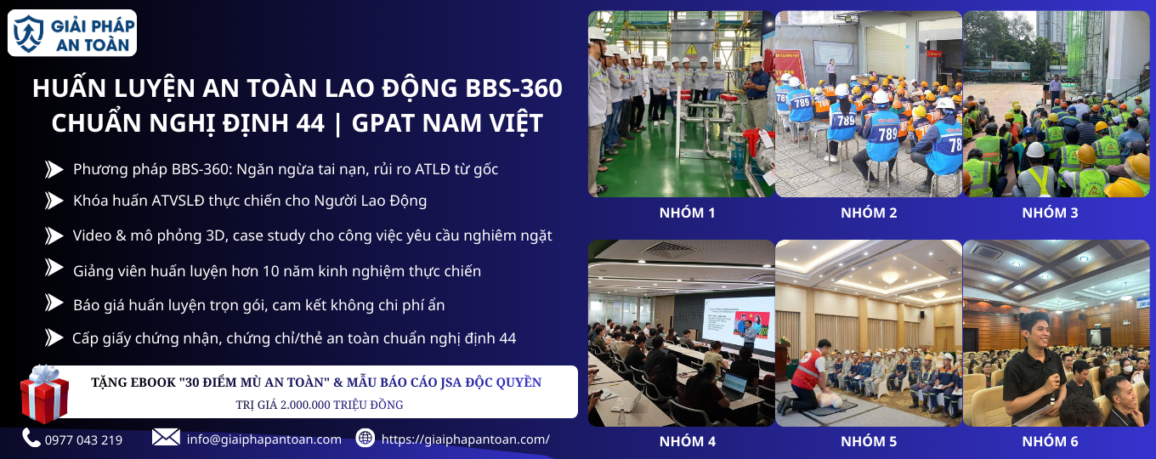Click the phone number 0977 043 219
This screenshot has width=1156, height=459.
coord(83,439)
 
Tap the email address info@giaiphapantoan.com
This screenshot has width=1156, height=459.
coord(263,439)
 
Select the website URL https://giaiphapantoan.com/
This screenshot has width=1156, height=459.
coord(465,439)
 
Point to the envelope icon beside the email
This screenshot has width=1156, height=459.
coord(166,438)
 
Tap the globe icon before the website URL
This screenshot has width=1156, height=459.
coord(365,438)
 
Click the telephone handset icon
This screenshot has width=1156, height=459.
coord(31,438)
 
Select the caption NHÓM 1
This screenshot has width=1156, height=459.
coord(687,213)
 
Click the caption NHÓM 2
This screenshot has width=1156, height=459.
coord(869,213)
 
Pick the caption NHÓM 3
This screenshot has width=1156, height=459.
coord(1050,213)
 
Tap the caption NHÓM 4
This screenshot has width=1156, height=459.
coord(687,441)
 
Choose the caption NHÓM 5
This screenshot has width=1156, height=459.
coord(869,441)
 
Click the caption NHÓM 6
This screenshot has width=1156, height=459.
coord(1050,441)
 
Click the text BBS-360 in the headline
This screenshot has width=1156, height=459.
coord(513,88)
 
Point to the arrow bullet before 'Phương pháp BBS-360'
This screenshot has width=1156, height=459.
coord(54,170)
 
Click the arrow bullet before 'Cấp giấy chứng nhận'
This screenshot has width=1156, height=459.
coord(54,338)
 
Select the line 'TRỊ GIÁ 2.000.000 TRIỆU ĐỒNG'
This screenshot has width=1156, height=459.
coord(320,405)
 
